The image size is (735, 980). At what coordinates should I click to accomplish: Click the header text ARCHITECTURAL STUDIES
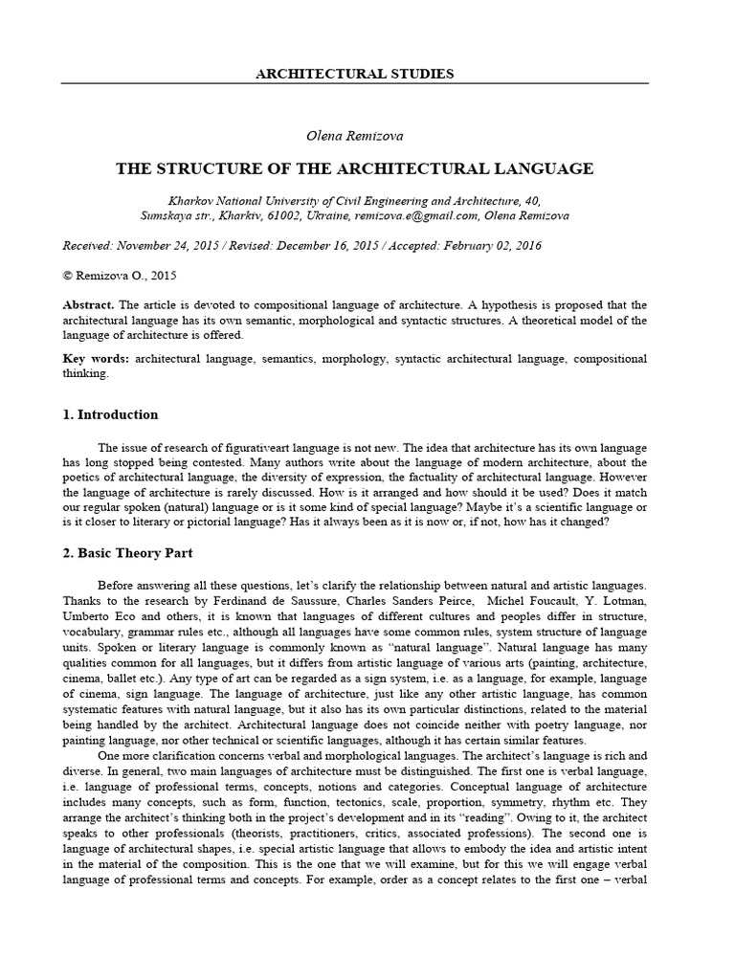coord(355,73)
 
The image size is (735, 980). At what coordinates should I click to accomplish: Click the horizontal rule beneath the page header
coord(355,83)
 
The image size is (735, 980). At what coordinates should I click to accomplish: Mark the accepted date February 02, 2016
coord(488,246)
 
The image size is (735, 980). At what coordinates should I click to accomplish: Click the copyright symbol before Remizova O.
coord(67,276)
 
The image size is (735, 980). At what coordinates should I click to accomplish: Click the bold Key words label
coord(95,359)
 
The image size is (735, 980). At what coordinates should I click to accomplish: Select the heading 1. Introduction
coord(110,415)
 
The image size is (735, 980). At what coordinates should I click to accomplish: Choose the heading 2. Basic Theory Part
coord(128,553)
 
